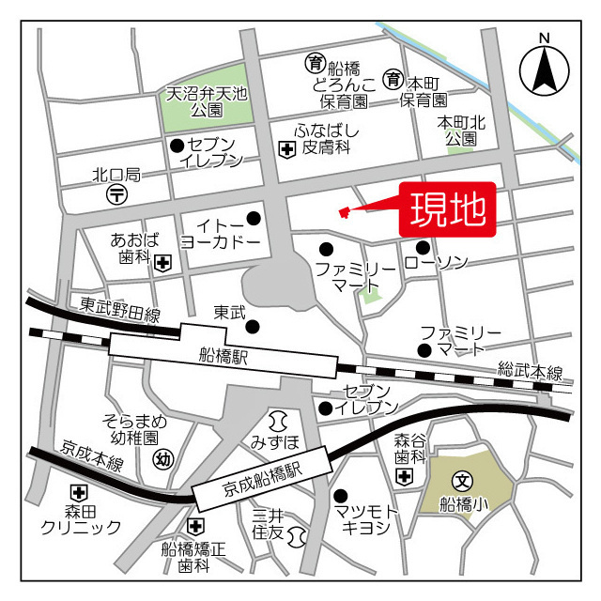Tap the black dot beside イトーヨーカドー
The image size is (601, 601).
pos(253,219)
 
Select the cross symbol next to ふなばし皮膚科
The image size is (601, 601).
pos(285,148)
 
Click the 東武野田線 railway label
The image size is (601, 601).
pos(120,309)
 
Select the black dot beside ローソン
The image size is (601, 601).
pos(424,248)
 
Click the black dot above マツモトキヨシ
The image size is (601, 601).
pos(340,495)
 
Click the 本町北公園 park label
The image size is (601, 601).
pos(461,131)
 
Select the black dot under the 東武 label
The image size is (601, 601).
pos(253,327)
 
